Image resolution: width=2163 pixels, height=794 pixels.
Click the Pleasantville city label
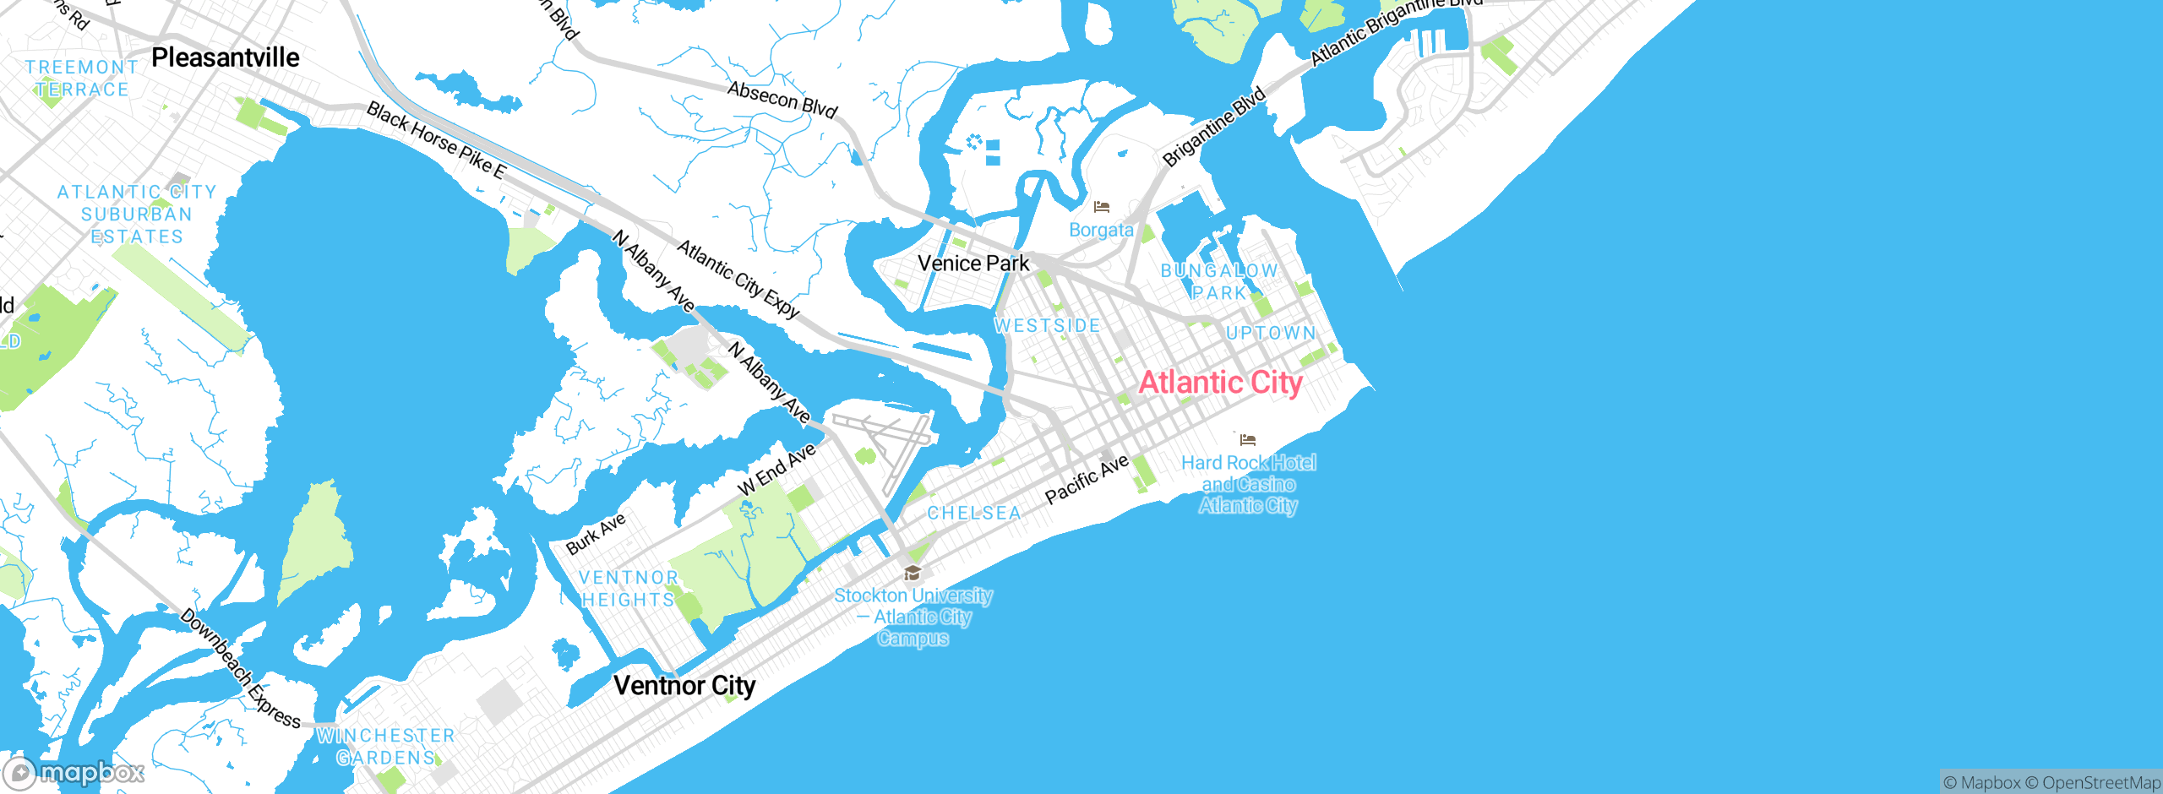225,57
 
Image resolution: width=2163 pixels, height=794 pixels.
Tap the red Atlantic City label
1220,383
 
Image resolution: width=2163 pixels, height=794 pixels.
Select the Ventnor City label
684,685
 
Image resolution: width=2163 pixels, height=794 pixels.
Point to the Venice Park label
973,264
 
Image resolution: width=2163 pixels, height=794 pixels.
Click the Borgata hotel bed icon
1101,207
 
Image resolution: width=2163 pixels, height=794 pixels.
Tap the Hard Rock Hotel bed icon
1248,439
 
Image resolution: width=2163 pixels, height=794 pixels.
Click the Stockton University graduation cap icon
912,574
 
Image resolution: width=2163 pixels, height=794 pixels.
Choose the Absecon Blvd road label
782,100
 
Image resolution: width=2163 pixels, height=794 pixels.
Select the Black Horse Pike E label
436,141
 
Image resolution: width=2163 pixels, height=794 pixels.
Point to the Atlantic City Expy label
738,280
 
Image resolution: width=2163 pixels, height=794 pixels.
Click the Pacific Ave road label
1087,479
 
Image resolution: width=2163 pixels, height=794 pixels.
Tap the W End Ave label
776,470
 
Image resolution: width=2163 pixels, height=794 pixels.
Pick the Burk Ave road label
596,534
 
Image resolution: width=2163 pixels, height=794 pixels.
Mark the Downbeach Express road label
240,669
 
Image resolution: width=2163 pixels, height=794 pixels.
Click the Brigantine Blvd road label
1214,127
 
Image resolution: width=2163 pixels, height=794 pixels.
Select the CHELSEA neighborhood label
974,513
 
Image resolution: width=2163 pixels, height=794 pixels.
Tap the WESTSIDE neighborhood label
1048,326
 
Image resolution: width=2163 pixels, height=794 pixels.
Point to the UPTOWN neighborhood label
1271,333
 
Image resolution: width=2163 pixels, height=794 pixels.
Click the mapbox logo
74,772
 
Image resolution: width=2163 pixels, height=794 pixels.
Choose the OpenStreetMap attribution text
2100,783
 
